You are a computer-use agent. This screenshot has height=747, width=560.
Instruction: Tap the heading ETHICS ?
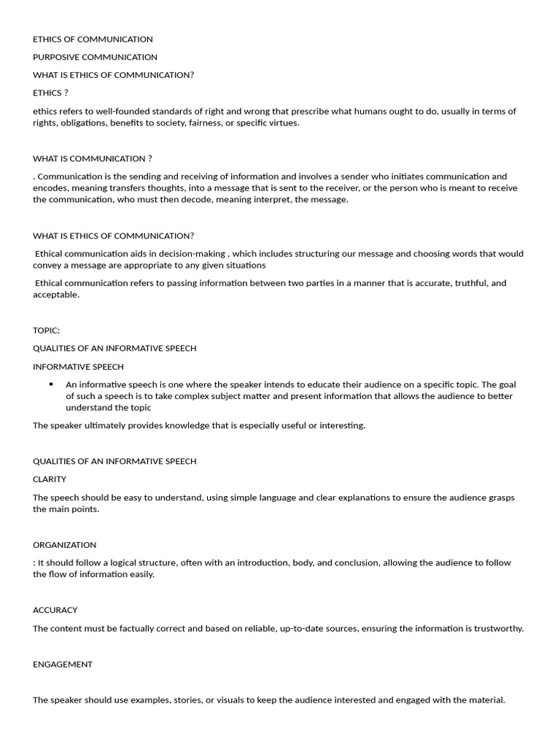50,93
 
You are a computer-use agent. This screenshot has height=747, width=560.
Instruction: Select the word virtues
284,123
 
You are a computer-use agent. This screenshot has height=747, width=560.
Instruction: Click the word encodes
50,188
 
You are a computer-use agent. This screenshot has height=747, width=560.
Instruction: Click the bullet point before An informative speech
51,384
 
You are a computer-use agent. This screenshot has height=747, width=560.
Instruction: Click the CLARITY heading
50,479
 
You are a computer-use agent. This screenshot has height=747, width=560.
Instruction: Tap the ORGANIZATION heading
64,545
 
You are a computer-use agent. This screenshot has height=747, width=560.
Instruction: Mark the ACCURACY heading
55,610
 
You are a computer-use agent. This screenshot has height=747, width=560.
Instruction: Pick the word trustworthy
498,628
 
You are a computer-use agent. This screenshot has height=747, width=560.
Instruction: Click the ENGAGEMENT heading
63,664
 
